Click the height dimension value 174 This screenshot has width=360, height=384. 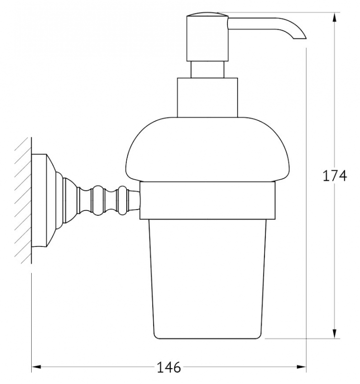[335, 175]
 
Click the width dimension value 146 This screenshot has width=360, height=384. [168, 367]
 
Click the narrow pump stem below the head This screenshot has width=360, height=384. [207, 70]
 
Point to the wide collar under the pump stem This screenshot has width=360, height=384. [207, 97]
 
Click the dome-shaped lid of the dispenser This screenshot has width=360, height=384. [207, 150]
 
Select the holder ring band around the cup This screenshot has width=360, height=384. [207, 200]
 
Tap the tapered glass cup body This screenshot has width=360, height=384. [207, 279]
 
